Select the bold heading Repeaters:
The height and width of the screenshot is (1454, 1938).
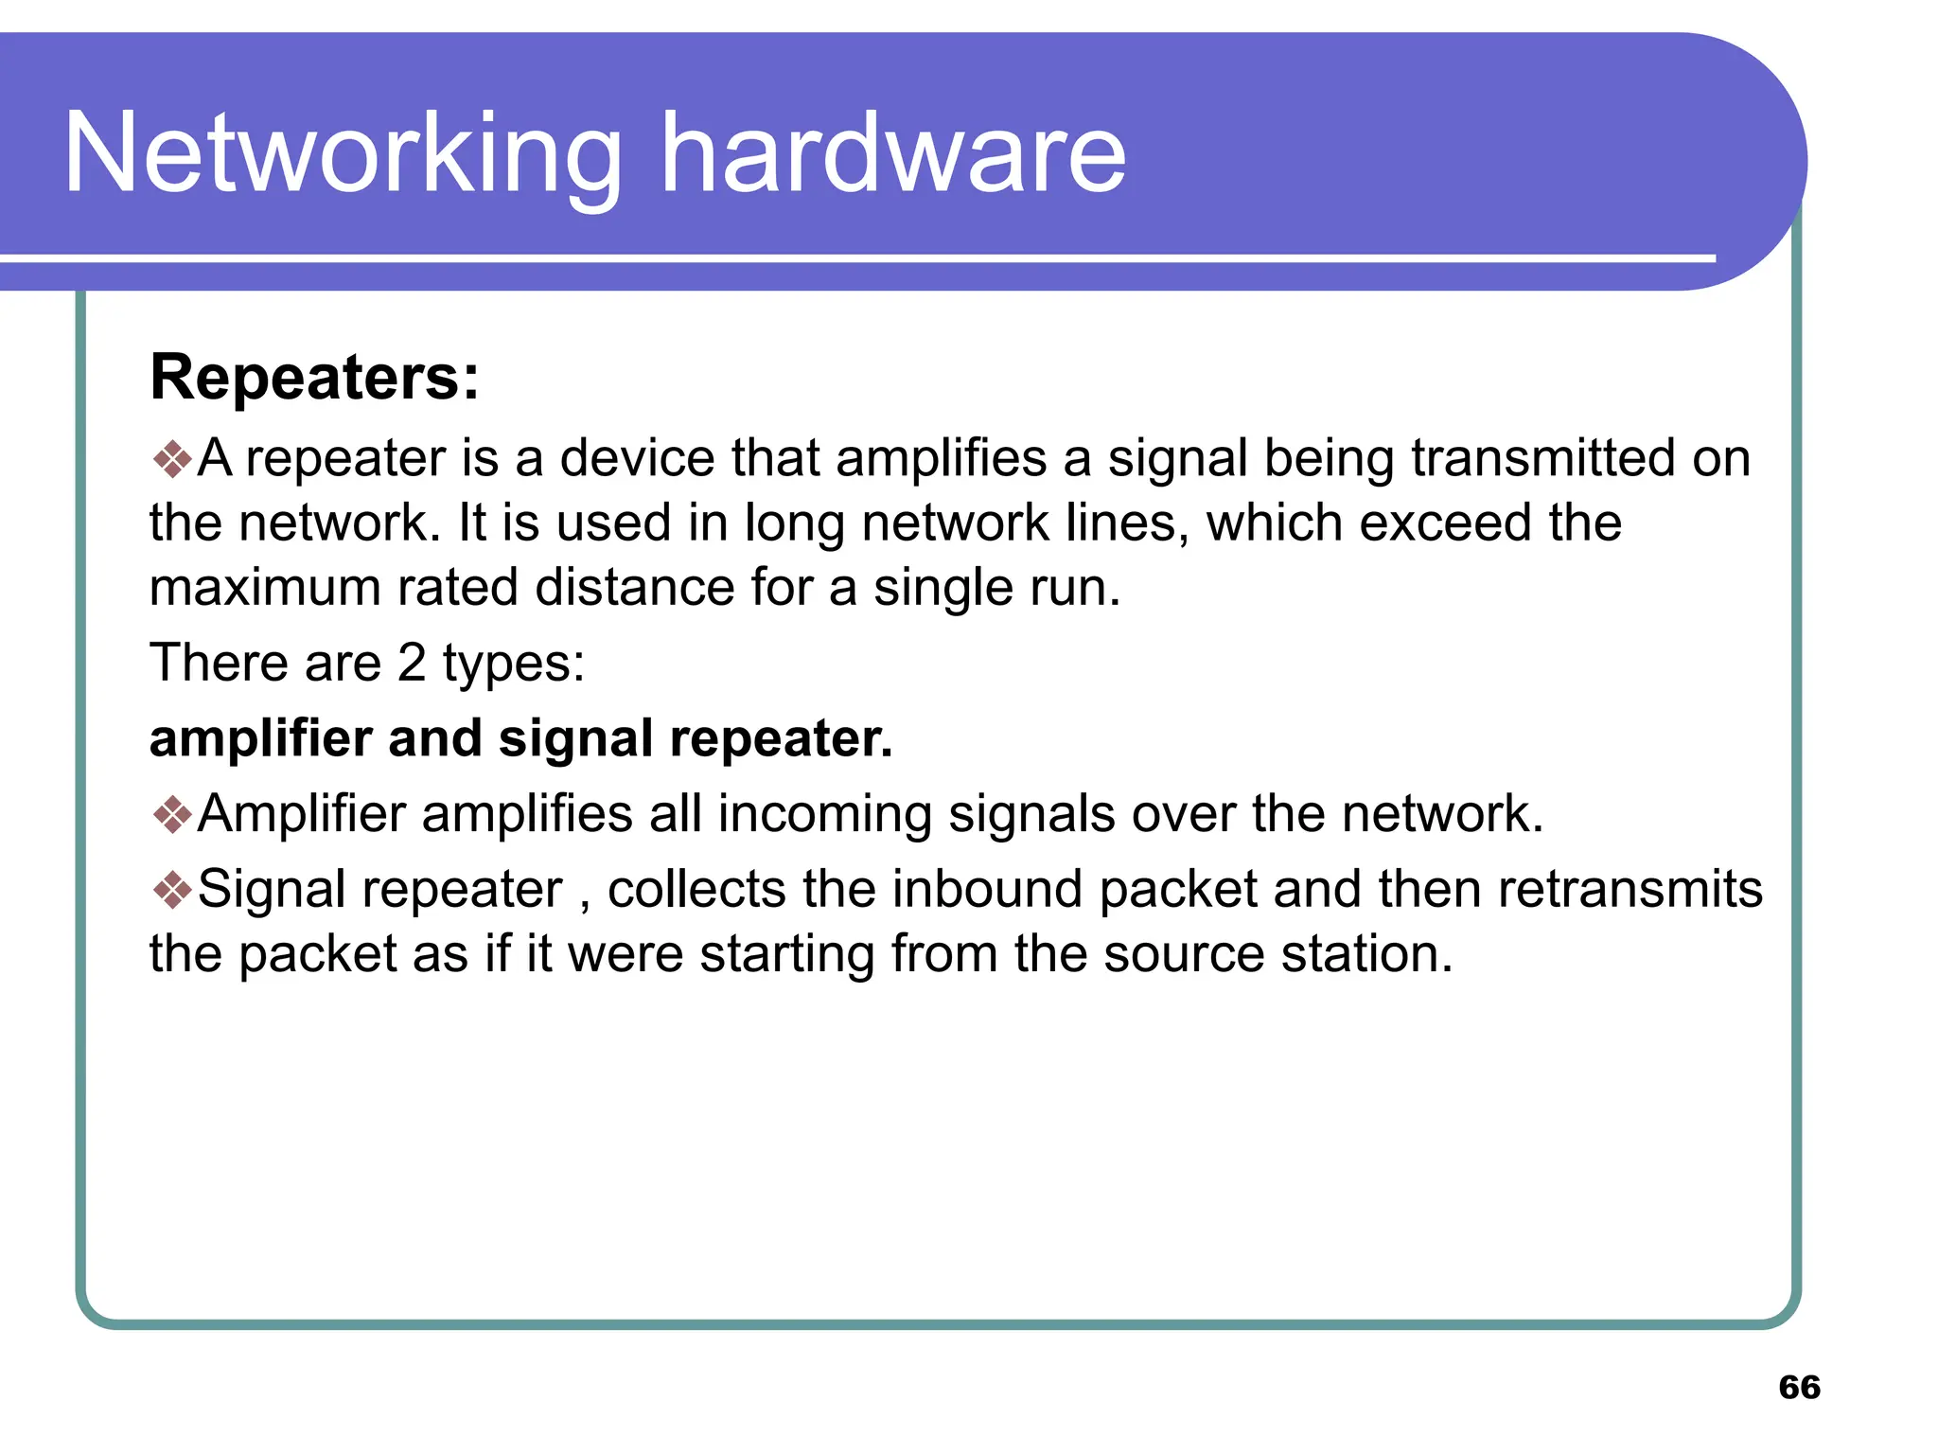click(314, 378)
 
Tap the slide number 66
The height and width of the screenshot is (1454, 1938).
click(1799, 1387)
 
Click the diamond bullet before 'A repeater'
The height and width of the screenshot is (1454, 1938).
click(172, 459)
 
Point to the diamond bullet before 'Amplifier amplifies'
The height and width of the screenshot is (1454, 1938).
click(172, 814)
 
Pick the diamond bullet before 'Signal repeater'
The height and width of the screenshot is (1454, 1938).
click(172, 890)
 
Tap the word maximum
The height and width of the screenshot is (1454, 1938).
click(265, 588)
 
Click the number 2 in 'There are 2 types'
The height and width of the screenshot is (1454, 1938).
click(412, 663)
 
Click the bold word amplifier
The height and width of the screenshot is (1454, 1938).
click(260, 738)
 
